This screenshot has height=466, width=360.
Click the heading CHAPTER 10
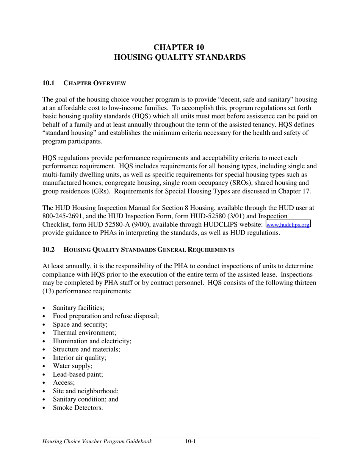click(179, 47)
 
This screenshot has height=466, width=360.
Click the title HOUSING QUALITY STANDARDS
click(180, 57)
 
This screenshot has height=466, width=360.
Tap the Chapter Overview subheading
click(95, 83)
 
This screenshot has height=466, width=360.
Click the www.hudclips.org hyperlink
click(288, 225)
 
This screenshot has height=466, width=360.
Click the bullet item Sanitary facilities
click(78, 308)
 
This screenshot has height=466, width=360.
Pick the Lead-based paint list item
click(78, 374)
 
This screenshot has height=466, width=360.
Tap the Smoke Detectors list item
click(78, 408)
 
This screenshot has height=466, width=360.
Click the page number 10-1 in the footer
click(190, 441)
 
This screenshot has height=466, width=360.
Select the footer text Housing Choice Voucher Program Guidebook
click(97, 441)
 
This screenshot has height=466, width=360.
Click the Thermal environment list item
click(85, 333)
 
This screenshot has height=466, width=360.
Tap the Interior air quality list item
click(80, 358)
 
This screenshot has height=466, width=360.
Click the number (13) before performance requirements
click(48, 291)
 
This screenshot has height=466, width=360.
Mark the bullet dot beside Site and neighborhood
click(45, 391)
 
